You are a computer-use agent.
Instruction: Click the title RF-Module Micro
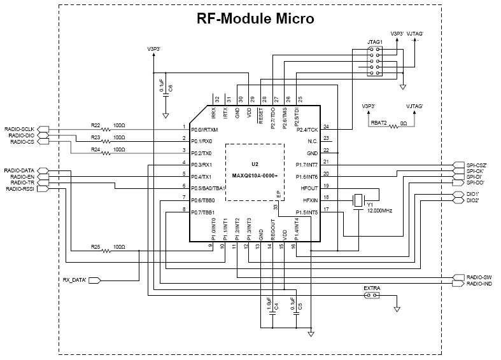click(x=255, y=18)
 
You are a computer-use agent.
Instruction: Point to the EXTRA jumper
click(x=372, y=296)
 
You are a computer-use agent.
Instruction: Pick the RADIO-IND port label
click(x=479, y=284)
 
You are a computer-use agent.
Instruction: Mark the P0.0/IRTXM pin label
click(x=205, y=129)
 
